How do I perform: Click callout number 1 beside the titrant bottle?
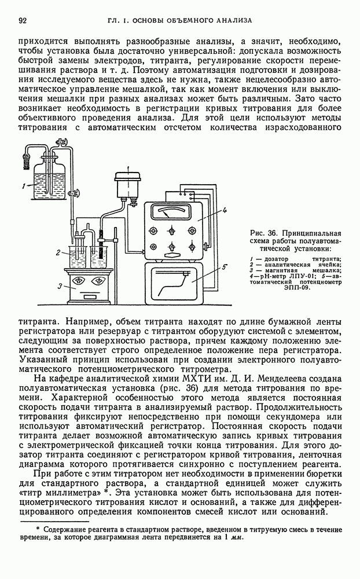(x=22, y=186)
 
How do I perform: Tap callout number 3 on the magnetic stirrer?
(x=60, y=285)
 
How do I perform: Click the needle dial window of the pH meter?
(x=171, y=212)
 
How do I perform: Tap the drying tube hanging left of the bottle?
(x=24, y=157)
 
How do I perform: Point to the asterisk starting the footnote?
(x=38, y=528)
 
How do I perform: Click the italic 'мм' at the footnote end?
(x=237, y=537)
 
